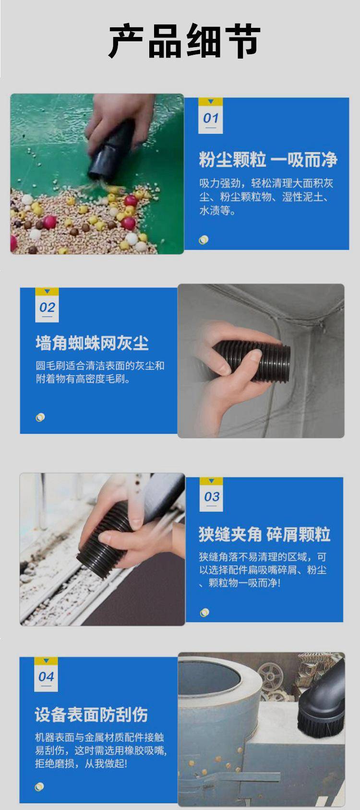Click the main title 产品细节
pyautogui.click(x=184, y=41)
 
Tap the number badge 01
pyautogui.click(x=210, y=116)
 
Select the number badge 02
pyautogui.click(x=47, y=305)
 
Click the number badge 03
pyautogui.click(x=212, y=495)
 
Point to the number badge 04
pyautogui.click(x=46, y=675)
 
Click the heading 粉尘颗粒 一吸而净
pyautogui.click(x=268, y=160)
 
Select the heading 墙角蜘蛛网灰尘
pyautogui.click(x=92, y=343)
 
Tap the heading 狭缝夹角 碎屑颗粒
pyautogui.click(x=264, y=534)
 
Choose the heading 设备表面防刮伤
pyautogui.click(x=91, y=715)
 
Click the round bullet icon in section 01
pyautogui.click(x=204, y=240)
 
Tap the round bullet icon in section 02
pyautogui.click(x=40, y=417)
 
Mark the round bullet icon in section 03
pyautogui.click(x=204, y=613)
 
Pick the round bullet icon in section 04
pyautogui.click(x=39, y=787)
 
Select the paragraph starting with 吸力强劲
pyautogui.click(x=266, y=197)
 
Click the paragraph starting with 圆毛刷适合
pyautogui.click(x=100, y=372)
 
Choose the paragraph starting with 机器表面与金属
pyautogui.click(x=101, y=750)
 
